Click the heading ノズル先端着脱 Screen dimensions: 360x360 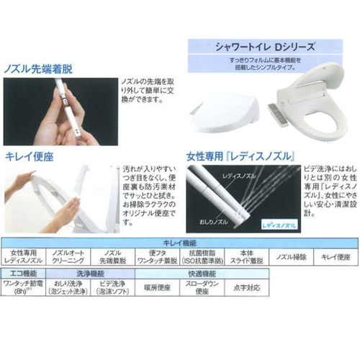42,69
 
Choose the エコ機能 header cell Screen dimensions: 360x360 25,274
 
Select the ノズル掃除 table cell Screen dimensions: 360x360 290,257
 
